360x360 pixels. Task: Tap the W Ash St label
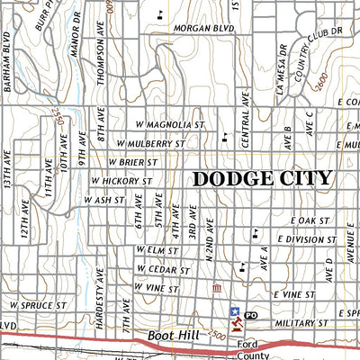point(109,200)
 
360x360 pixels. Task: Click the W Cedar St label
point(163,269)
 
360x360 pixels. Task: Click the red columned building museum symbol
point(215,288)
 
